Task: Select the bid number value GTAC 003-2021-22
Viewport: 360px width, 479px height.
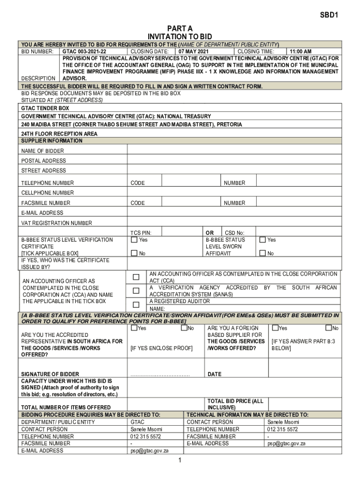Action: [84, 51]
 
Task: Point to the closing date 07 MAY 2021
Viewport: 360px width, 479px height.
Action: [193, 51]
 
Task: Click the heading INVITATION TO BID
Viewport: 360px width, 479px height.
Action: [180, 36]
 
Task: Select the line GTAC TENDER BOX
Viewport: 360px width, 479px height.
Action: [45, 108]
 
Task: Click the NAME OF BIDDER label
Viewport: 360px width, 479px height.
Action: [43, 151]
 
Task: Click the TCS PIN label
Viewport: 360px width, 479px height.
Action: [141, 232]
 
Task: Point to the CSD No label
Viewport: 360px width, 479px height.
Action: [235, 232]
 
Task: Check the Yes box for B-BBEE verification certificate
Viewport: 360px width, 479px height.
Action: [134, 240]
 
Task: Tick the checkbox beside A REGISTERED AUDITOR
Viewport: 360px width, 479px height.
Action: [136, 305]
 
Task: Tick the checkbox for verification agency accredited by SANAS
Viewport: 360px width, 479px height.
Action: [136, 291]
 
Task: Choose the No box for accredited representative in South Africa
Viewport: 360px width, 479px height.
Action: [184, 328]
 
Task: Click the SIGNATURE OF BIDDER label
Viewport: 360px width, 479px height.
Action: [50, 374]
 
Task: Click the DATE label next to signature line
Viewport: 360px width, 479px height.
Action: [215, 374]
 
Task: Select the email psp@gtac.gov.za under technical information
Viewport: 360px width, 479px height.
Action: [286, 443]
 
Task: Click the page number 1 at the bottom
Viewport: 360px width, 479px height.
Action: [180, 460]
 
